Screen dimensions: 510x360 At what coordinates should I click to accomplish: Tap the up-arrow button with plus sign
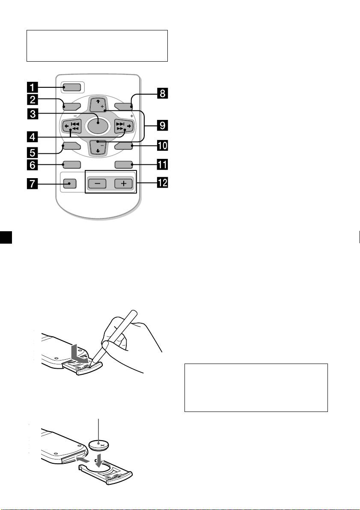coord(98,104)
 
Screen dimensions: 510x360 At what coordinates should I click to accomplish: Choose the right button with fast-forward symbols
coord(124,126)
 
